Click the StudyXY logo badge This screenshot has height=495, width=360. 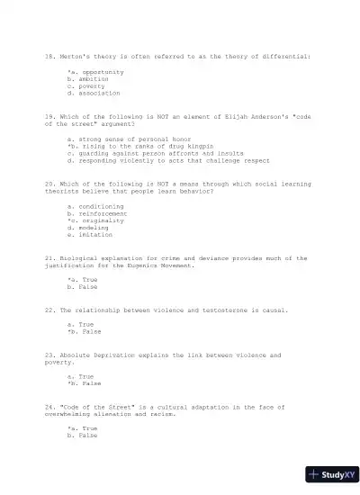(331, 473)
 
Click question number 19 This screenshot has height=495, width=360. (49, 116)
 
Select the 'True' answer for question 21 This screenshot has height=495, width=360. (85, 280)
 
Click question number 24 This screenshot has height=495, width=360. (49, 407)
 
